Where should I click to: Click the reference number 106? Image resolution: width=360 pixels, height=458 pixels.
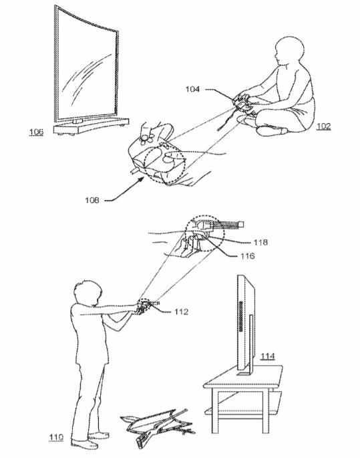(x=36, y=132)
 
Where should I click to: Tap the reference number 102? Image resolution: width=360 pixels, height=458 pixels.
(x=324, y=126)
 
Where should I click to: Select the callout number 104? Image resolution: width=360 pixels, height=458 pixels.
(x=192, y=89)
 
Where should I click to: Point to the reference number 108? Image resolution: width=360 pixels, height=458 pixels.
(x=92, y=200)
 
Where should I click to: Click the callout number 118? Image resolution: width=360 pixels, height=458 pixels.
(x=260, y=242)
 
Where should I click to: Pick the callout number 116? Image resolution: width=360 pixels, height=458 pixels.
(x=248, y=256)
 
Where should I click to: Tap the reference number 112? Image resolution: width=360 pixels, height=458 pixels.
(x=181, y=312)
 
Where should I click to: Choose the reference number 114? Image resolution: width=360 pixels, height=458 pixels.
(x=268, y=356)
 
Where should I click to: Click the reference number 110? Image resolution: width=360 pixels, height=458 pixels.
(x=56, y=437)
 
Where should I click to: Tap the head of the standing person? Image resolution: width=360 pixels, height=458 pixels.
(x=88, y=293)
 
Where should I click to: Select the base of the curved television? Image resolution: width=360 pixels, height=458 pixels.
(x=91, y=127)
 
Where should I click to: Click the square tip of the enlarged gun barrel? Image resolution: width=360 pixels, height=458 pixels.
(x=241, y=224)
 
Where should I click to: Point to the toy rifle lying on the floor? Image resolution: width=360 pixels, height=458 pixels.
(x=158, y=427)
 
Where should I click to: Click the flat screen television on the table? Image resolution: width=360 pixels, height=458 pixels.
(x=246, y=324)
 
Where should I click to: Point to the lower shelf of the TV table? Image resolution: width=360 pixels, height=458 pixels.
(x=242, y=413)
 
